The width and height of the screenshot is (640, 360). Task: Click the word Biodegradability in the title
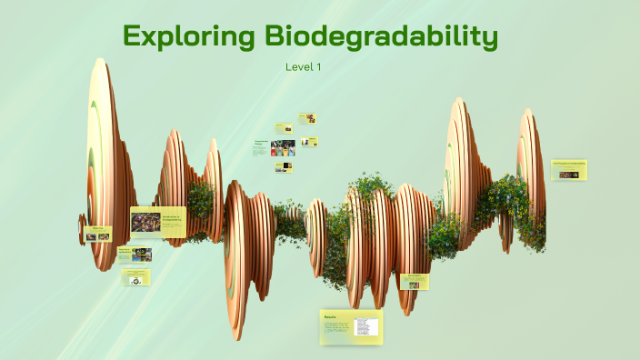(x=382, y=37)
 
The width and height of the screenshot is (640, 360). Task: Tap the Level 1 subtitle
(x=303, y=66)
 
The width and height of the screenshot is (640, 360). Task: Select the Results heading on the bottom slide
(x=331, y=317)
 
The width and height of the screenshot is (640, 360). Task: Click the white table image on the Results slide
(x=365, y=326)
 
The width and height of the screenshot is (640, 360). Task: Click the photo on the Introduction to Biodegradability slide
(x=145, y=222)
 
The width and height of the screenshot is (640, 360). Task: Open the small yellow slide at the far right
(x=569, y=170)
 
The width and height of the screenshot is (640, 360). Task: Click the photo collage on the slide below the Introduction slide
(x=141, y=255)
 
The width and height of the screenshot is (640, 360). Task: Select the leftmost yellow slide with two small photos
(x=97, y=235)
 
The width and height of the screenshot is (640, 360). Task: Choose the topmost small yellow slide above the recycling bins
(x=306, y=118)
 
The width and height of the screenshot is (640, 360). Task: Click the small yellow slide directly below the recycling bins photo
(x=284, y=166)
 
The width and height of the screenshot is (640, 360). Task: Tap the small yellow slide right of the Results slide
(x=414, y=282)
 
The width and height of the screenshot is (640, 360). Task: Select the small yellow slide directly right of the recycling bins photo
(x=309, y=142)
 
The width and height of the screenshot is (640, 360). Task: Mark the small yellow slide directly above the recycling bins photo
(x=283, y=128)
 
